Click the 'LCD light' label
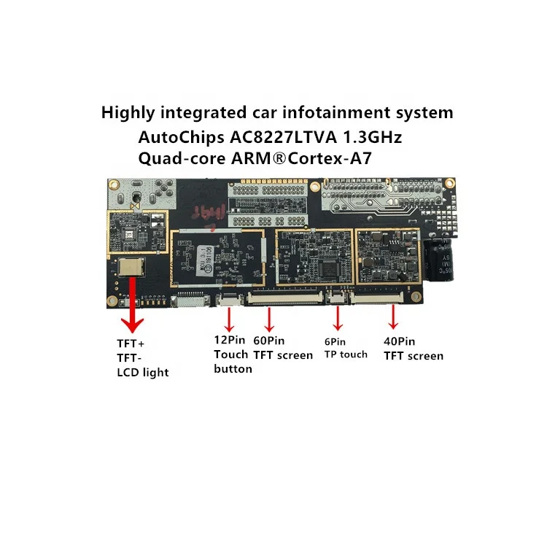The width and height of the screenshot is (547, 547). tap(143, 373)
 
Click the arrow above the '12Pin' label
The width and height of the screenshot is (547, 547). tap(230, 319)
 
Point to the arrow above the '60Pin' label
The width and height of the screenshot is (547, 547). tap(269, 319)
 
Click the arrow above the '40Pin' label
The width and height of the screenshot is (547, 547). tap(394, 317)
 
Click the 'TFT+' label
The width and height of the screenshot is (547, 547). tap(131, 343)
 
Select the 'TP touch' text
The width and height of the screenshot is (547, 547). tap(346, 354)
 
